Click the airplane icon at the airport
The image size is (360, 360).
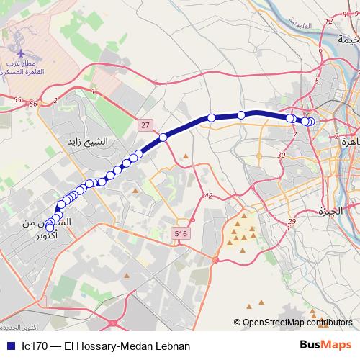click(22, 54)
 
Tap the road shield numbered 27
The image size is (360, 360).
click(146, 125)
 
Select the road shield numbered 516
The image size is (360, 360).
click(180, 234)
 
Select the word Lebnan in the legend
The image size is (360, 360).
click(171, 346)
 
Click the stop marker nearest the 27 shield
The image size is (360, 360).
click(163, 137)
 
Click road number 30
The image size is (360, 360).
click(282, 155)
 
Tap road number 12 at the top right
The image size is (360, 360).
click(329, 22)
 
